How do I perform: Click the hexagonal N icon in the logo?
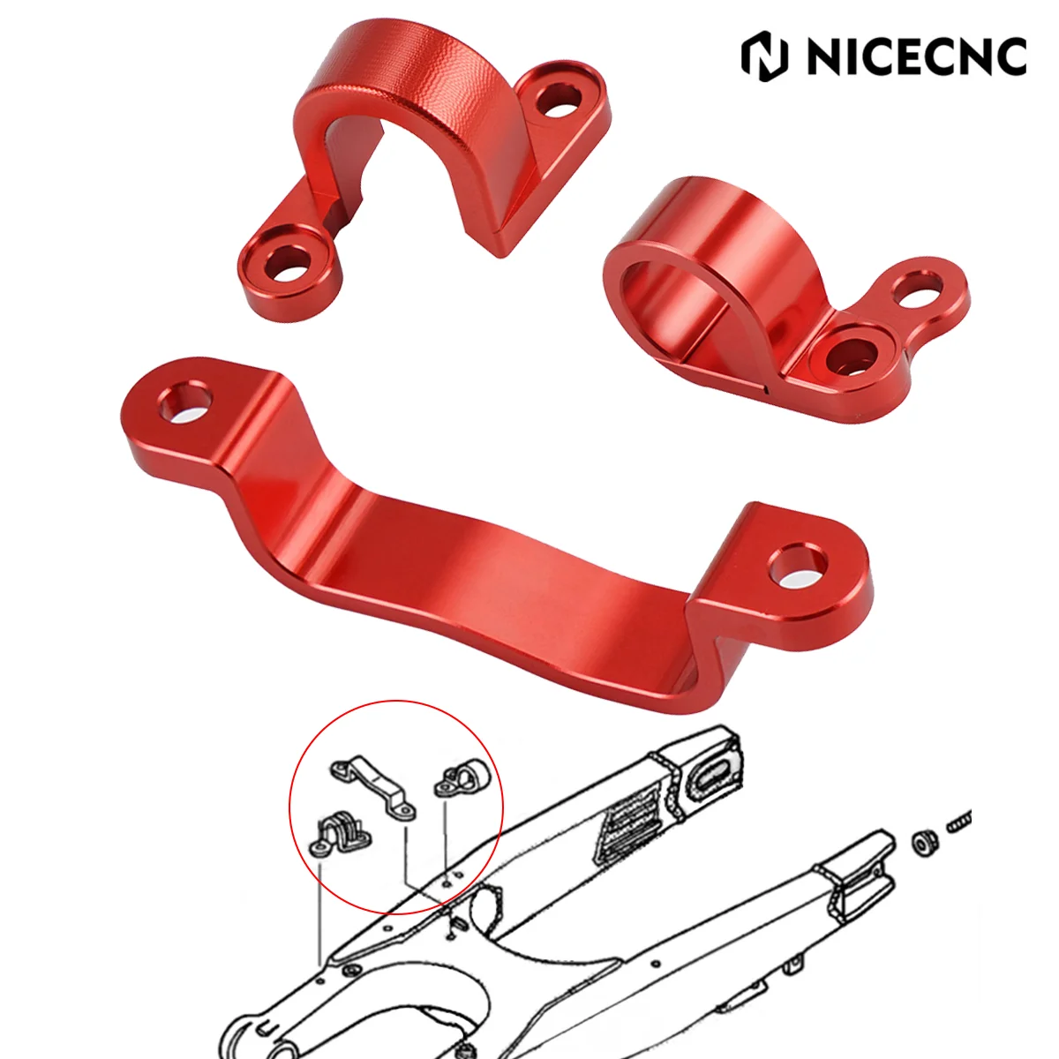pos(765,55)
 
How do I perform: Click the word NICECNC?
pos(915,56)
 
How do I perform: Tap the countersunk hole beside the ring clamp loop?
pos(849,354)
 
